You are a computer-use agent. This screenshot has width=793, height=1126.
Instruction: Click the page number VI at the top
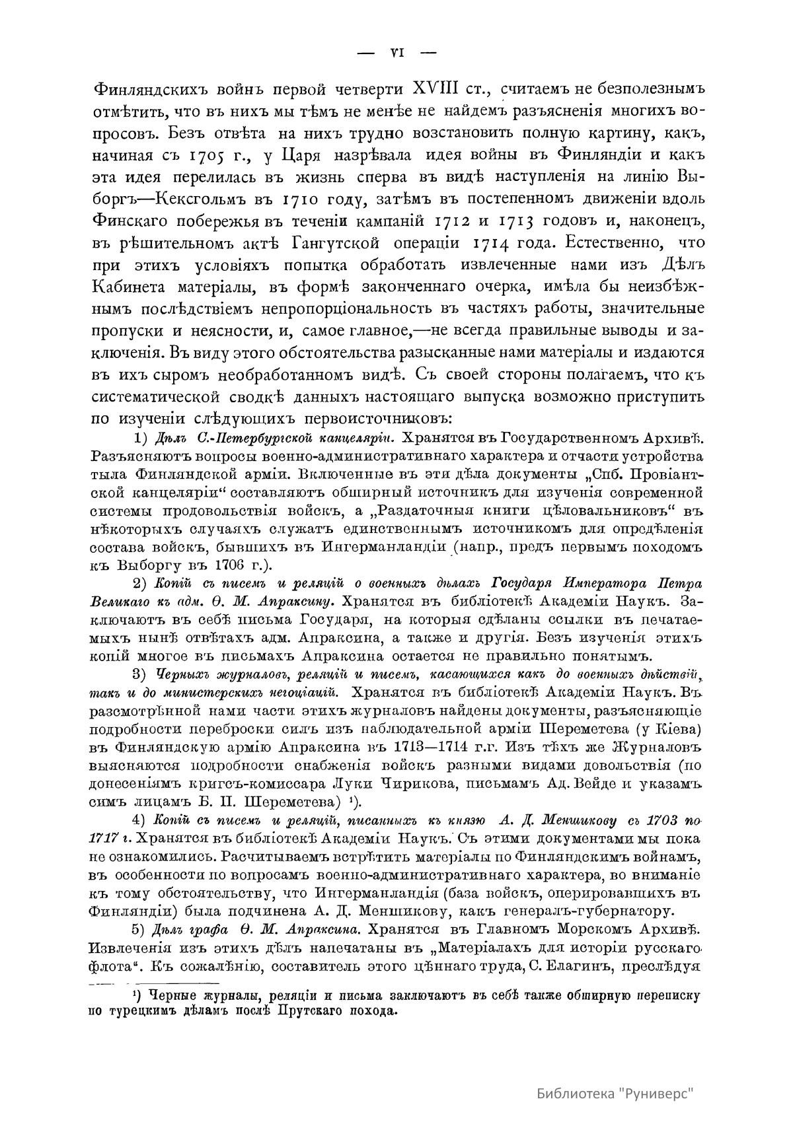click(x=397, y=53)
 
